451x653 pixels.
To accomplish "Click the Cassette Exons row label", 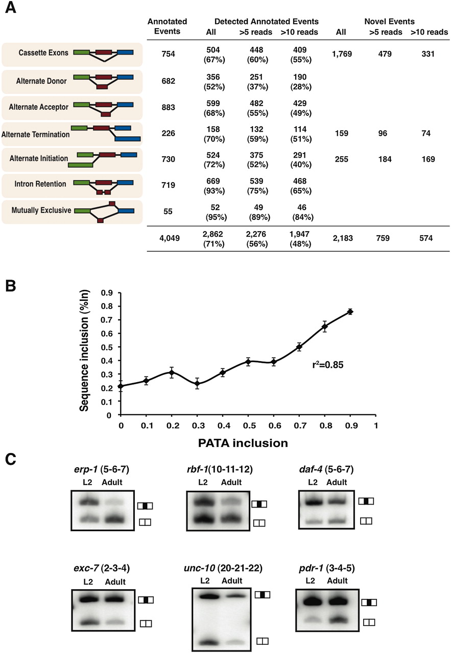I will click(37, 53).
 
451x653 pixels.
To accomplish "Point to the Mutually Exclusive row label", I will click(36, 210).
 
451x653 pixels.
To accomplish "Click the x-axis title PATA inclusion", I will click(248, 443).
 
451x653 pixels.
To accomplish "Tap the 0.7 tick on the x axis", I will click(299, 425).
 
